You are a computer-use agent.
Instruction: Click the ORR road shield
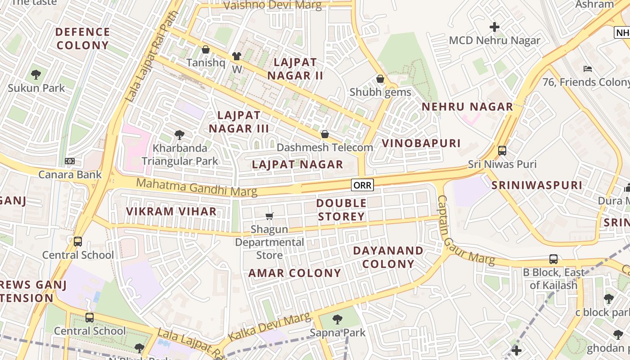pyautogui.click(x=362, y=185)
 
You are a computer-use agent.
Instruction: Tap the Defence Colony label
pyautogui.click(x=83, y=39)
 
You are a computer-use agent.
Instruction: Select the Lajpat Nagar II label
pyautogui.click(x=295, y=69)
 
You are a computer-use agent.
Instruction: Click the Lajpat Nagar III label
pyautogui.click(x=238, y=121)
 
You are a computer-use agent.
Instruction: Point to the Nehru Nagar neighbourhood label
pyautogui.click(x=468, y=107)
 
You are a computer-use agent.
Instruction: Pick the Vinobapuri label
pyautogui.click(x=421, y=143)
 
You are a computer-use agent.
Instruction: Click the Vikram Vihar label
pyautogui.click(x=171, y=211)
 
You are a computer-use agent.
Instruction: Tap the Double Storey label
pyautogui.click(x=341, y=210)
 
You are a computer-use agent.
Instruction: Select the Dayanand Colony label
pyautogui.click(x=388, y=257)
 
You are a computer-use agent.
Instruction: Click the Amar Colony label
pyautogui.click(x=295, y=273)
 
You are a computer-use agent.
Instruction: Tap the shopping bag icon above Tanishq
pyautogui.click(x=206, y=49)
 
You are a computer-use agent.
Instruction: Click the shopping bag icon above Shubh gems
pyautogui.click(x=380, y=79)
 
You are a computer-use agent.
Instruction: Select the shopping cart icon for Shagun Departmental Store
pyautogui.click(x=269, y=216)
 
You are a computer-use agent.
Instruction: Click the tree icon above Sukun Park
pyautogui.click(x=36, y=75)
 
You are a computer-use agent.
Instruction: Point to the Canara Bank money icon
pyautogui.click(x=70, y=161)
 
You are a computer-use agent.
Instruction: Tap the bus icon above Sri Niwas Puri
pyautogui.click(x=502, y=151)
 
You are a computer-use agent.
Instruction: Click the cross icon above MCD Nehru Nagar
pyautogui.click(x=495, y=27)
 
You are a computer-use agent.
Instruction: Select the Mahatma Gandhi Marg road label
pyautogui.click(x=197, y=187)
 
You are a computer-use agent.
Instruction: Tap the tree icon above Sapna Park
pyautogui.click(x=337, y=319)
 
